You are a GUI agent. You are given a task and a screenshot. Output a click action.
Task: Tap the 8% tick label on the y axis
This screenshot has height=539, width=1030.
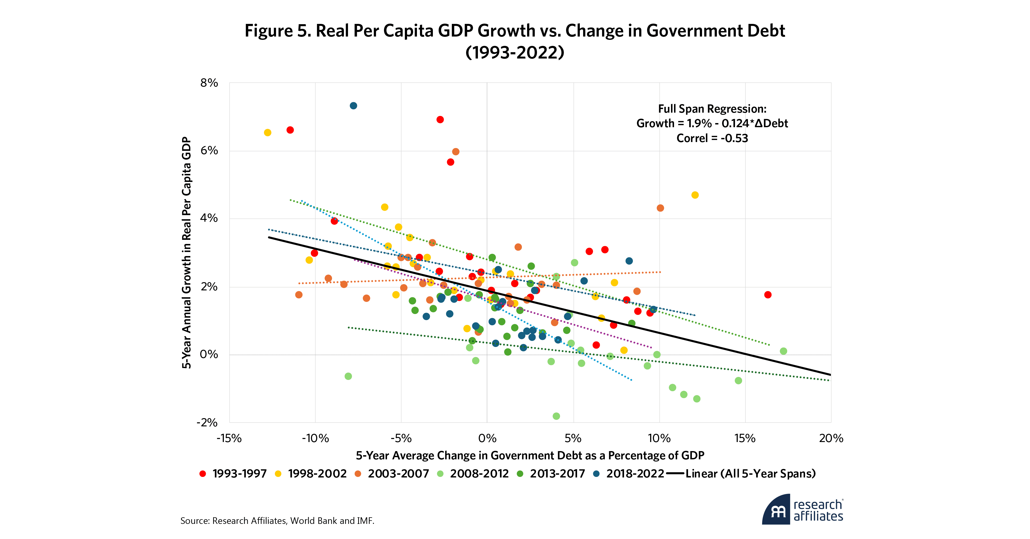click(209, 83)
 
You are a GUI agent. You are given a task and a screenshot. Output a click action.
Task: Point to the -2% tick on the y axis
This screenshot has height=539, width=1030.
click(207, 423)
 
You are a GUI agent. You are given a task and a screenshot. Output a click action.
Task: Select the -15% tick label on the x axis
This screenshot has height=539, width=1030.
click(229, 438)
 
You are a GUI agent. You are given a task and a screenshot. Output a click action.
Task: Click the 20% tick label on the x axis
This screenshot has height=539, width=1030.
click(831, 438)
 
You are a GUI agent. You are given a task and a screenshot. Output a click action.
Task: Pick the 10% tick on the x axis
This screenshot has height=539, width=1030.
click(659, 438)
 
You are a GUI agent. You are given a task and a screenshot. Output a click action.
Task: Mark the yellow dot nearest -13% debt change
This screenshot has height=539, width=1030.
click(268, 133)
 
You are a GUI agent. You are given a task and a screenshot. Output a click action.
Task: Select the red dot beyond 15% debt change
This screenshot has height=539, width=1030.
click(768, 295)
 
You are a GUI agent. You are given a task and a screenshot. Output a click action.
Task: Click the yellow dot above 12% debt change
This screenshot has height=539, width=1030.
click(695, 195)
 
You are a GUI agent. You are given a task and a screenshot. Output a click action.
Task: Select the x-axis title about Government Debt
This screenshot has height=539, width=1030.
click(530, 455)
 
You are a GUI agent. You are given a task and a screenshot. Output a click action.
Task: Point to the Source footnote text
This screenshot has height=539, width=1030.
click(277, 521)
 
